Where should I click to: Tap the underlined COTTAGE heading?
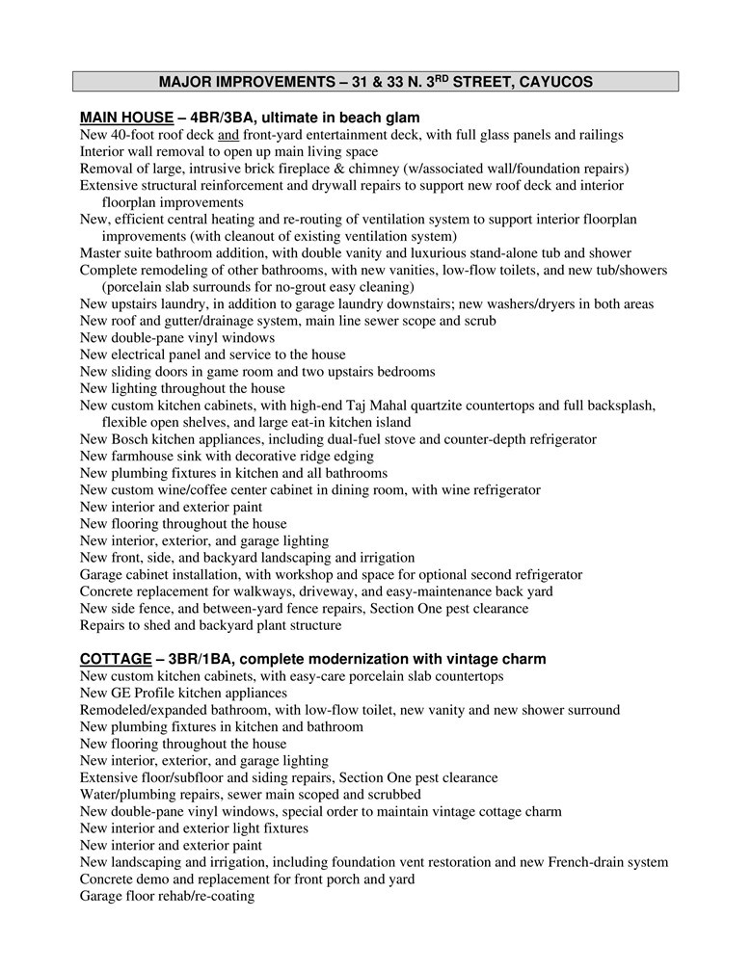tap(115, 659)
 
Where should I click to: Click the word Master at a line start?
tap(102, 253)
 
